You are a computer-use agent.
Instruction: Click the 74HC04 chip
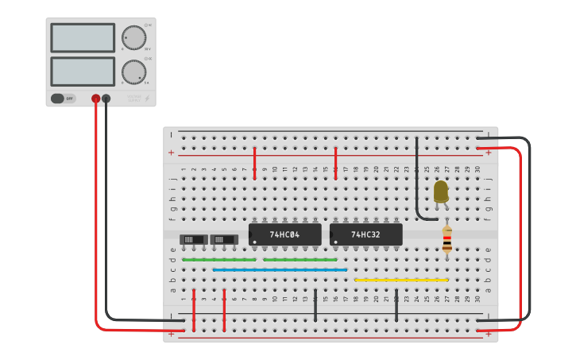pos(284,234)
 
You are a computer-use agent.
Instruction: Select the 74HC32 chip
pos(365,234)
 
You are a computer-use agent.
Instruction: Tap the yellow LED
pos(440,192)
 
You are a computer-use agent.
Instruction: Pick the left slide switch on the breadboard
pos(193,239)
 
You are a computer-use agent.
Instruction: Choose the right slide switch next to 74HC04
pos(224,239)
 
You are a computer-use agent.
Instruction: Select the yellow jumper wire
pos(401,280)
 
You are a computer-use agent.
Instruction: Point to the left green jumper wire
pos(218,260)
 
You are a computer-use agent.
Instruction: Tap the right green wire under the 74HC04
pos(300,260)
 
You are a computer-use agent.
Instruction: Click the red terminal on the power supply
pos(96,99)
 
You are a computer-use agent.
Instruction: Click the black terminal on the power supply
pos(106,99)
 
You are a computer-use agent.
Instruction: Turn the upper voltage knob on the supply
pos(133,37)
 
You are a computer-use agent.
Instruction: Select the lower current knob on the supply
pos(133,72)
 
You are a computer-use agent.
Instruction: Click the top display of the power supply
pos(83,37)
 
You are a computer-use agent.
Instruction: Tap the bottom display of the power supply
pos(83,72)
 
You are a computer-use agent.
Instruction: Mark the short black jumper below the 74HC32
pos(396,305)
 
